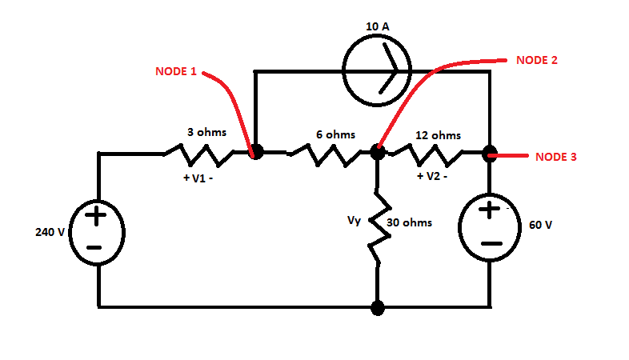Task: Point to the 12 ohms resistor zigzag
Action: tap(435, 152)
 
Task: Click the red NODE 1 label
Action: tap(175, 71)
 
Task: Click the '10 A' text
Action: tap(378, 26)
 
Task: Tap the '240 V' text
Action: tap(49, 233)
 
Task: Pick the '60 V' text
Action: tap(540, 225)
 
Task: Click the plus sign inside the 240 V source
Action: tap(95, 216)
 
